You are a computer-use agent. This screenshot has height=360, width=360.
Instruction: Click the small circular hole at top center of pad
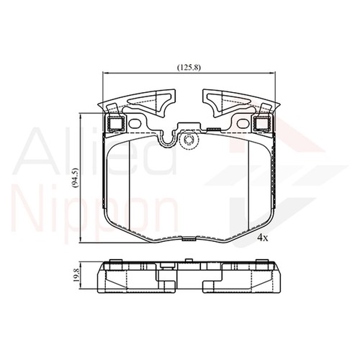click(190, 140)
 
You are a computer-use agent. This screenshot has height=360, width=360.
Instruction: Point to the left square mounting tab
click(114, 123)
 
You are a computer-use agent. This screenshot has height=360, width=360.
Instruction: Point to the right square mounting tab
click(261, 123)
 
